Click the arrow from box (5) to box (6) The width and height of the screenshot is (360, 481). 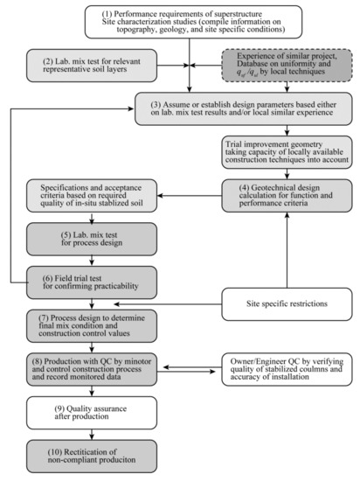94,262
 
